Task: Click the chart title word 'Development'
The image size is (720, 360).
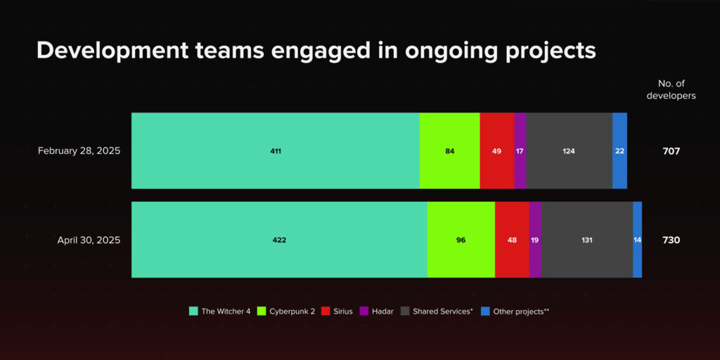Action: pyautogui.click(x=112, y=51)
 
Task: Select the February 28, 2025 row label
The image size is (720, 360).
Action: pyautogui.click(x=79, y=151)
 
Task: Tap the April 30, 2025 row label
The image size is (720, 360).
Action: pyautogui.click(x=89, y=240)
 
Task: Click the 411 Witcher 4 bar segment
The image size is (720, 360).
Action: pyautogui.click(x=276, y=150)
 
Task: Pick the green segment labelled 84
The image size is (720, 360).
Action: pyautogui.click(x=449, y=150)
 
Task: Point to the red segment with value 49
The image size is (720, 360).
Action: pyautogui.click(x=497, y=150)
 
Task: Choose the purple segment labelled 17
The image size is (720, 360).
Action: pyautogui.click(x=520, y=150)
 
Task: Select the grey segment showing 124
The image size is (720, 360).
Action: pyautogui.click(x=570, y=150)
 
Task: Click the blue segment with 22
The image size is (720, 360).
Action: pyautogui.click(x=620, y=150)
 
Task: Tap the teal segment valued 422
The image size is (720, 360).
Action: pyautogui.click(x=279, y=240)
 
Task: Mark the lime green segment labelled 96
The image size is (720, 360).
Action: pyautogui.click(x=461, y=240)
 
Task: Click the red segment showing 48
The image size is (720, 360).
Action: pyautogui.click(x=512, y=240)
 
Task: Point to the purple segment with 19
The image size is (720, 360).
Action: pyautogui.click(x=535, y=240)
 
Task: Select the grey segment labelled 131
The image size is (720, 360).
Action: pyautogui.click(x=587, y=240)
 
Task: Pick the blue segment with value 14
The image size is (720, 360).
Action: pyautogui.click(x=637, y=240)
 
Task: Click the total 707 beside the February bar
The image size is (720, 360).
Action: pyautogui.click(x=671, y=151)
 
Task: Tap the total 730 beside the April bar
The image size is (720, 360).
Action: pyautogui.click(x=671, y=240)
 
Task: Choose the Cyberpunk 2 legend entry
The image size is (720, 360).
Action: pyautogui.click(x=286, y=311)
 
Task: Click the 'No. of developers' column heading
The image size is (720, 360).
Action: pyautogui.click(x=671, y=90)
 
